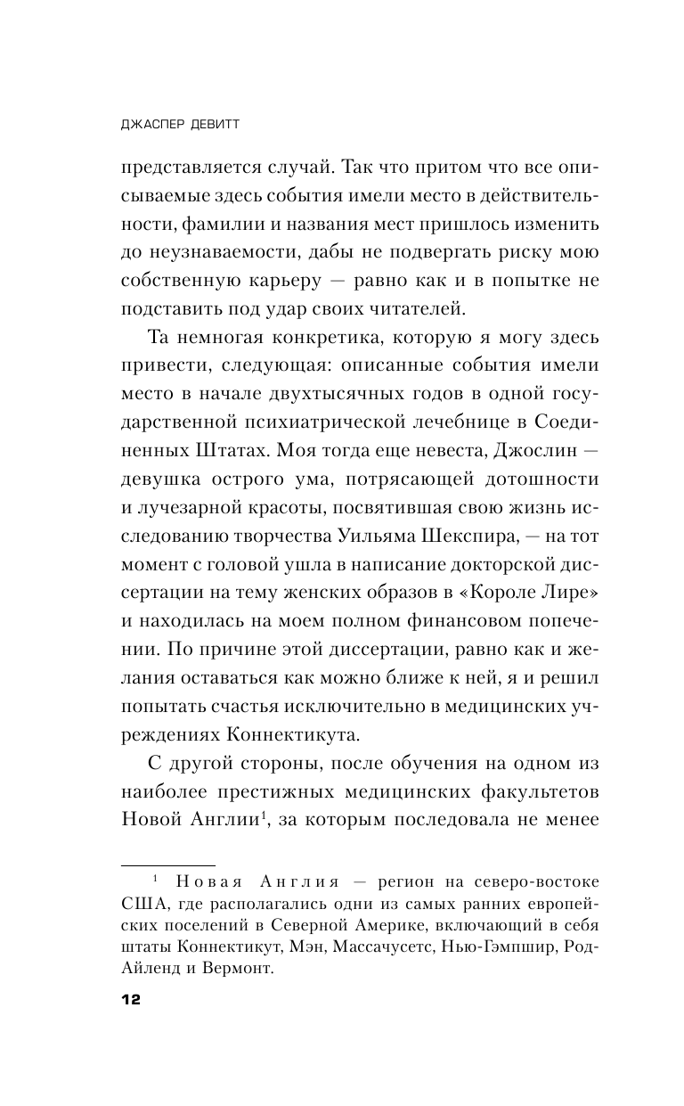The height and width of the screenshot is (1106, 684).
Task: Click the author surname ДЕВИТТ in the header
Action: click(x=210, y=126)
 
